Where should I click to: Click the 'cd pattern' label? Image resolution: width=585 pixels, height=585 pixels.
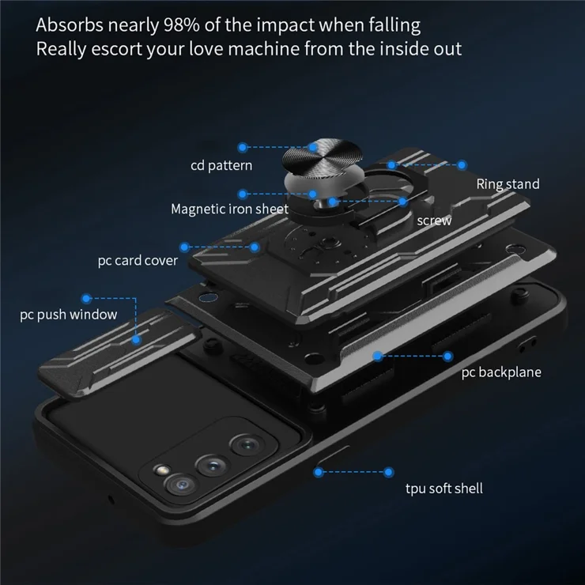(x=221, y=166)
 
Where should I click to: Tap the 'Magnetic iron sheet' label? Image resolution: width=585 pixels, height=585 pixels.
(x=229, y=209)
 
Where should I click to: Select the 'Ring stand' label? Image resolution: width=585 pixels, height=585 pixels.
(x=508, y=184)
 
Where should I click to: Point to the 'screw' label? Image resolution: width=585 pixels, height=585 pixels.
(x=434, y=221)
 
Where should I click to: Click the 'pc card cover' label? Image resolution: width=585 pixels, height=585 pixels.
(x=138, y=261)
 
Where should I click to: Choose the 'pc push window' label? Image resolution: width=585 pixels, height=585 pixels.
(x=68, y=315)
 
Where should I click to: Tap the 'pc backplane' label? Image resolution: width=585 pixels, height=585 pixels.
(x=501, y=372)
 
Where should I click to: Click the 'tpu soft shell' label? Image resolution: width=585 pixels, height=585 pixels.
(x=444, y=489)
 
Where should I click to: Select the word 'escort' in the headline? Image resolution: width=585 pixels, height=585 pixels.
(x=116, y=49)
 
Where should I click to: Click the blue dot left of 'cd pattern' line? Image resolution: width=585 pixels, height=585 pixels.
(x=243, y=147)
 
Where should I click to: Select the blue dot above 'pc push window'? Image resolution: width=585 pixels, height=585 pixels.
(x=86, y=299)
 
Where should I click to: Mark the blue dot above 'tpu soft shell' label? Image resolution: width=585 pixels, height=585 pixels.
(x=388, y=472)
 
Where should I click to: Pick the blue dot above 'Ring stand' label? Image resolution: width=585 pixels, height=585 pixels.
(x=462, y=165)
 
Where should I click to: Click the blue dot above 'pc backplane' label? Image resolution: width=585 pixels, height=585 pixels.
(x=447, y=357)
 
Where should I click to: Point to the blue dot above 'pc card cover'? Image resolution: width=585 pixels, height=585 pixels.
(x=184, y=247)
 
